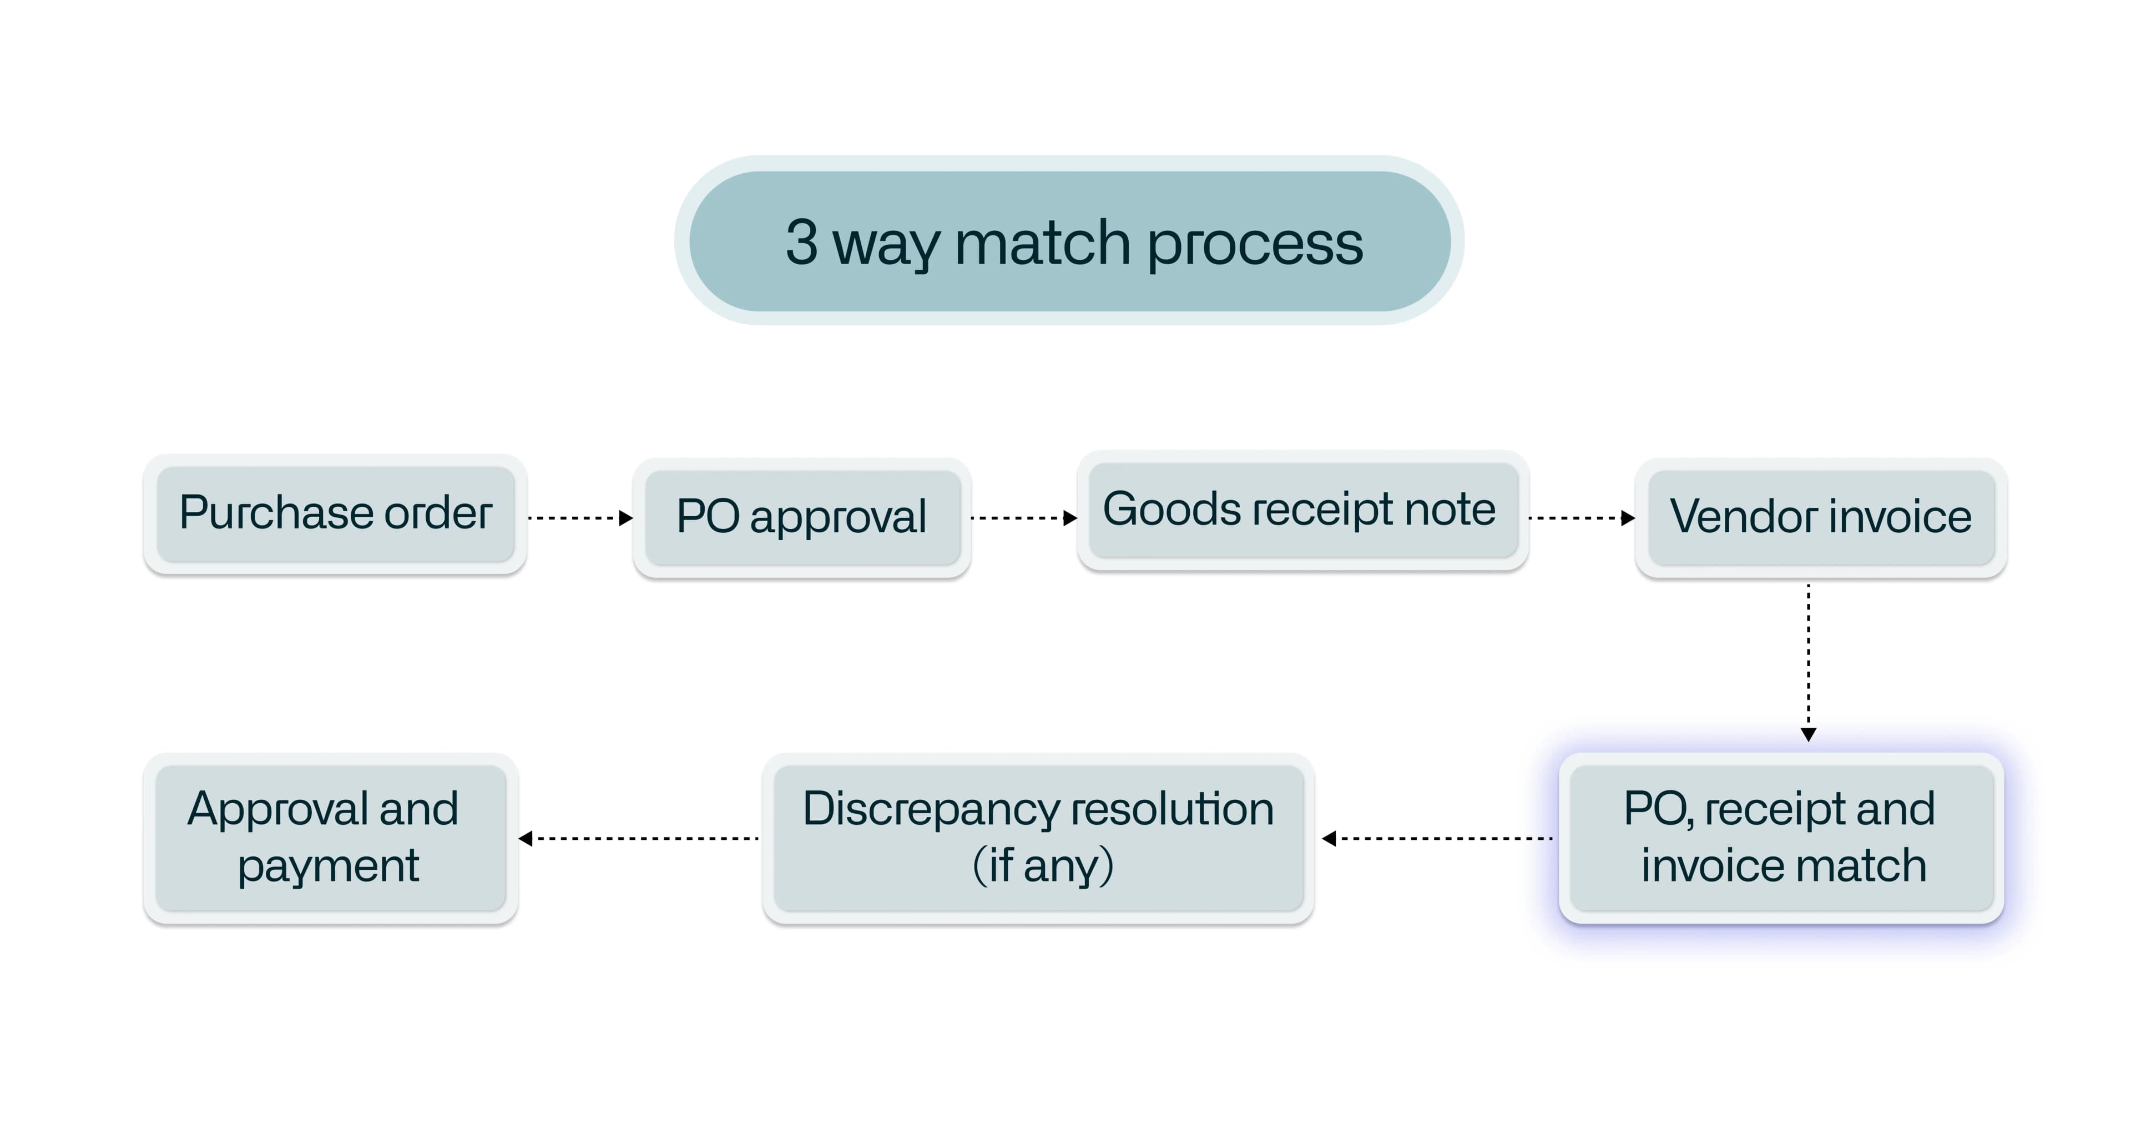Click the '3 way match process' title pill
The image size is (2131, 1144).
pyautogui.click(x=1069, y=241)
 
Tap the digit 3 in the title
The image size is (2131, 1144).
pyautogui.click(x=801, y=243)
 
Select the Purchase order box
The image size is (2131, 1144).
pyautogui.click(x=335, y=513)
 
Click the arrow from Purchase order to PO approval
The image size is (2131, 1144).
pyautogui.click(x=580, y=518)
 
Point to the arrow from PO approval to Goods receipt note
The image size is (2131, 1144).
pyautogui.click(x=1024, y=518)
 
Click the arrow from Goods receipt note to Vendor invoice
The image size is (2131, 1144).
pyautogui.click(x=1582, y=518)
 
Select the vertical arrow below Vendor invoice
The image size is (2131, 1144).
pyautogui.click(x=1809, y=662)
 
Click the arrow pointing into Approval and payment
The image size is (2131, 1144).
pyautogui.click(x=639, y=839)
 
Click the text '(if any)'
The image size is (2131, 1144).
pyautogui.click(x=1043, y=866)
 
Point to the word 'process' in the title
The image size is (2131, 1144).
pyautogui.click(x=1254, y=245)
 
